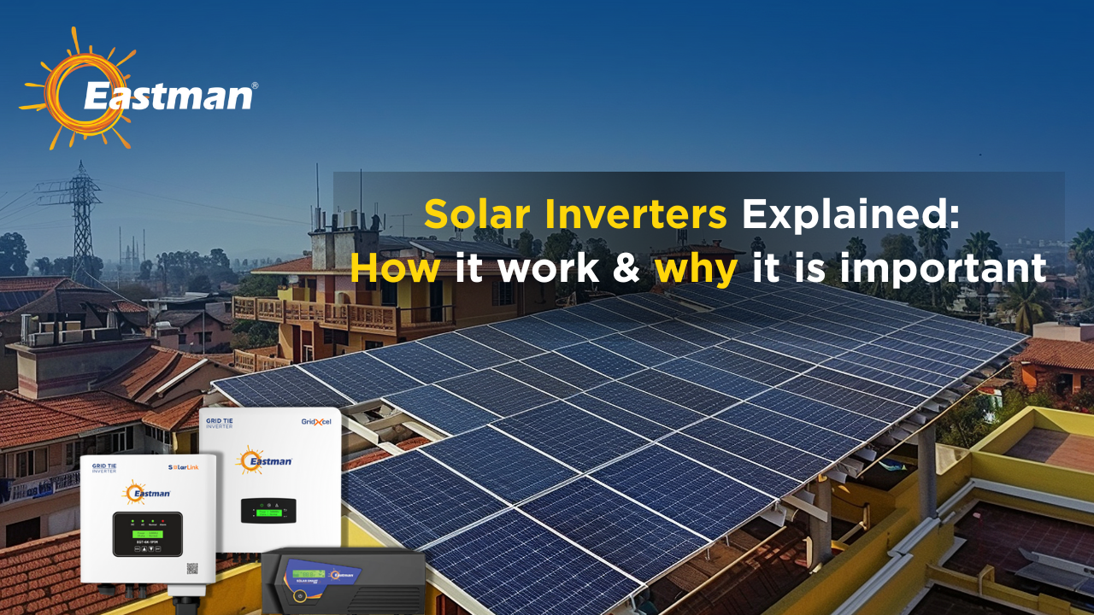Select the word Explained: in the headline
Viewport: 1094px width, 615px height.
coord(850,214)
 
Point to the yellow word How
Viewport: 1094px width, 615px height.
coord(395,268)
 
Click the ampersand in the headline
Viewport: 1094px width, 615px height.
coord(628,268)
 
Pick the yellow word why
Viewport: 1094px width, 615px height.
coord(696,268)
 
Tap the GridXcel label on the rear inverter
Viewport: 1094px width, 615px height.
coord(316,422)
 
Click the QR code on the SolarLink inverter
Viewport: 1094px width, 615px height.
coord(192,568)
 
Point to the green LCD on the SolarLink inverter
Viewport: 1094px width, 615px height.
coord(146,534)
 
